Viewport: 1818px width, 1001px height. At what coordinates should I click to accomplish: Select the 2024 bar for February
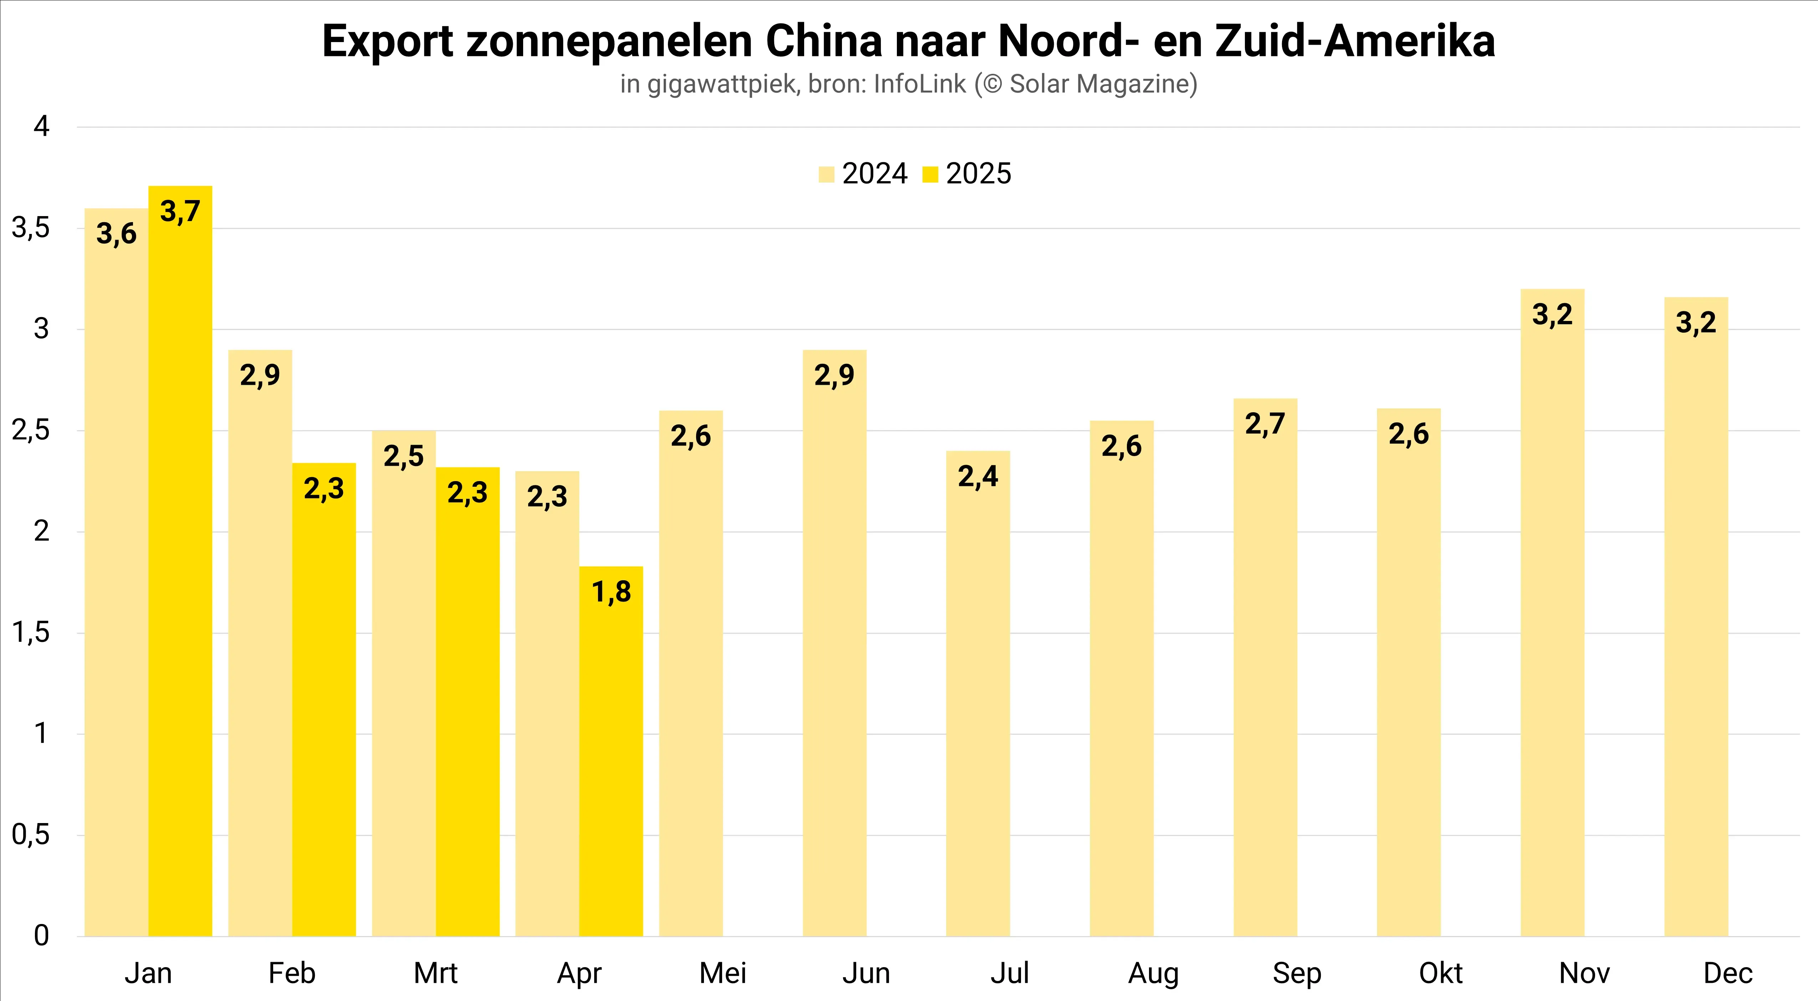(260, 642)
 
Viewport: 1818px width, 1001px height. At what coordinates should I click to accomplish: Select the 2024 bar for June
(834, 642)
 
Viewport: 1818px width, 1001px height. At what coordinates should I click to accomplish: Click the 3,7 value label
(180, 211)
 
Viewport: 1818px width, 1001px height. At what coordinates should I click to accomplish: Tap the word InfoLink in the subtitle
(919, 84)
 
